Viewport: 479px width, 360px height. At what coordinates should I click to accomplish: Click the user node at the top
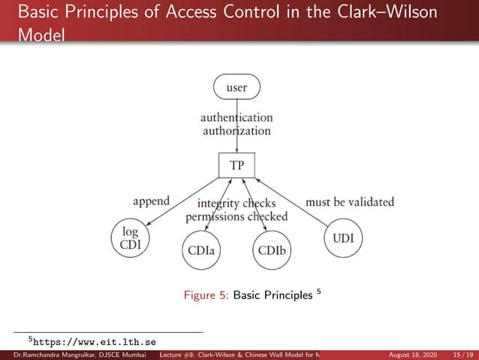pyautogui.click(x=236, y=88)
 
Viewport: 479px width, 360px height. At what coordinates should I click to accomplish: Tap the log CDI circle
pyautogui.click(x=131, y=237)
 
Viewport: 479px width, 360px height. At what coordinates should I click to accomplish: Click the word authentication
pyautogui.click(x=236, y=117)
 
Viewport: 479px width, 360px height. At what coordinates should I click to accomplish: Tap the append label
pyautogui.click(x=151, y=201)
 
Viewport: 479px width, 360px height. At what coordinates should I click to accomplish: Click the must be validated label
pyautogui.click(x=350, y=201)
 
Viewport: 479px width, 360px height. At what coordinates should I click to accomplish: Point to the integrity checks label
pyautogui.click(x=236, y=203)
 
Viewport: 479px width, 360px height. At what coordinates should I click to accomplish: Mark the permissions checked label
pyautogui.click(x=236, y=216)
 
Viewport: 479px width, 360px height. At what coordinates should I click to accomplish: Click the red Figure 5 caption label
pyautogui.click(x=206, y=295)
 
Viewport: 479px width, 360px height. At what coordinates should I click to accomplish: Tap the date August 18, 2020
pyautogui.click(x=411, y=354)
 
